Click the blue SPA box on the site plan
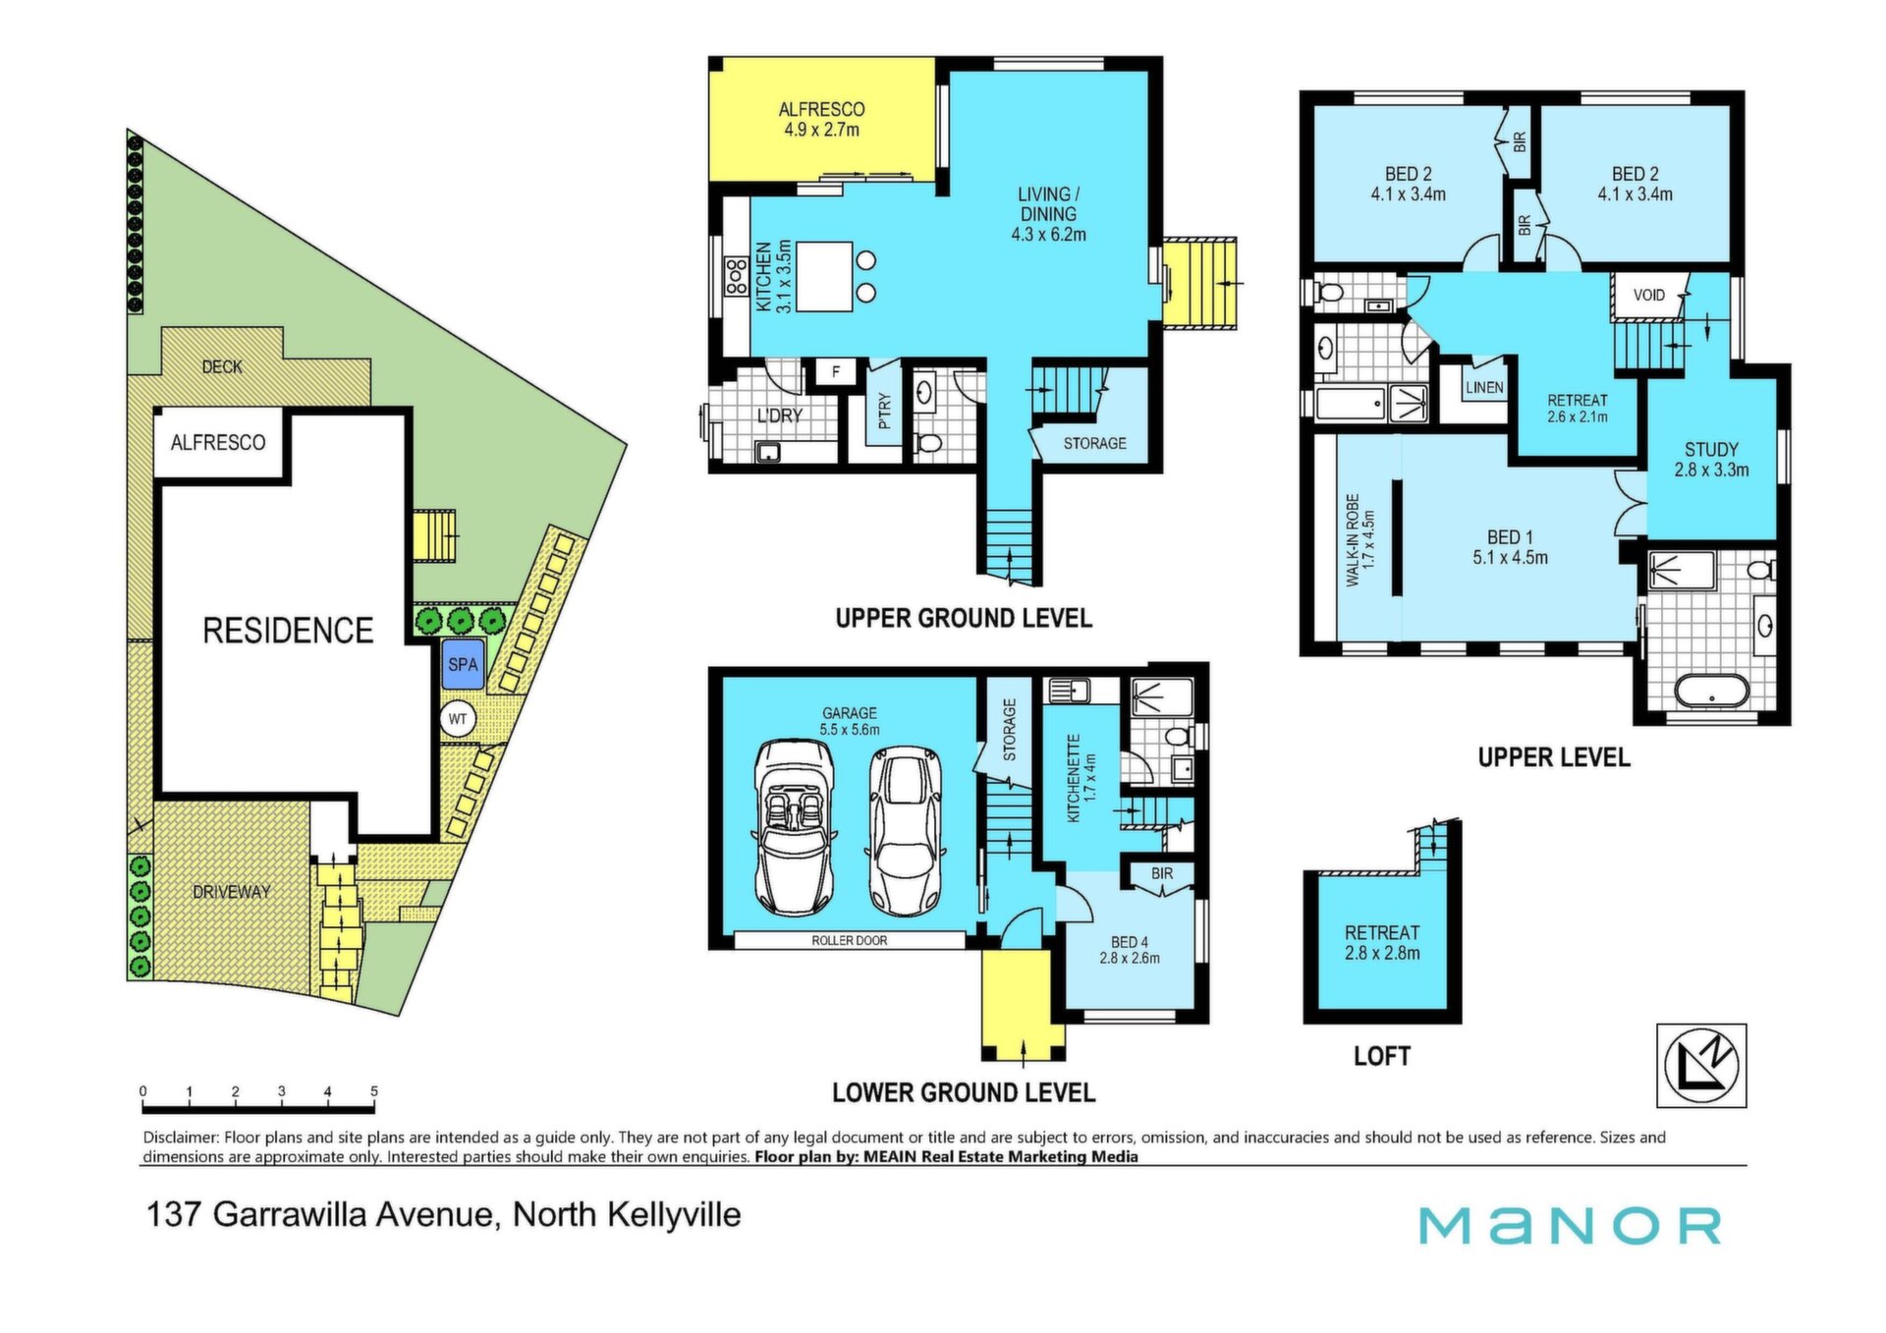pyautogui.click(x=463, y=664)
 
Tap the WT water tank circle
pyautogui.click(x=458, y=719)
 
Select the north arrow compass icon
pyautogui.click(x=1701, y=1066)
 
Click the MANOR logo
pyautogui.click(x=1570, y=1225)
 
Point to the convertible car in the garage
pyautogui.click(x=794, y=827)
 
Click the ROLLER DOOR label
pyautogui.click(x=850, y=940)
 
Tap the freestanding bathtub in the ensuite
pyautogui.click(x=1711, y=690)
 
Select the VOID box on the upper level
pyautogui.click(x=1649, y=296)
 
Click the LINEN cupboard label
pyautogui.click(x=1484, y=388)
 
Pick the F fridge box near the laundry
pyautogui.click(x=836, y=372)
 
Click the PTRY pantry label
pyautogui.click(x=884, y=412)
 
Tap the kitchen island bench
pyautogui.click(x=824, y=277)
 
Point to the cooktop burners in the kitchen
pyautogui.click(x=737, y=276)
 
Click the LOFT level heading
pyautogui.click(x=1382, y=1056)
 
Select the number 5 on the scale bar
pyautogui.click(x=374, y=1091)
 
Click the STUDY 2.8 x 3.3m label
pyautogui.click(x=1711, y=460)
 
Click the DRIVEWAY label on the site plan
pyautogui.click(x=232, y=892)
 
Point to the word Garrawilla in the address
pyautogui.click(x=291, y=1215)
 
